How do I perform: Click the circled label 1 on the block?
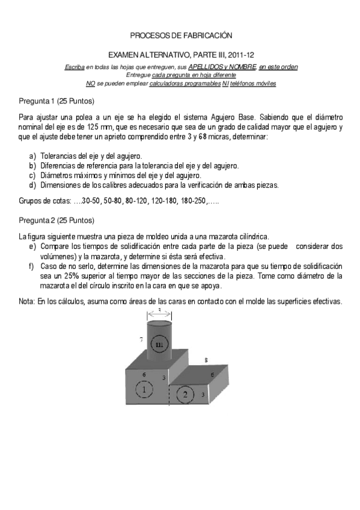pos(145,390)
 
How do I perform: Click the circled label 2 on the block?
pos(186,395)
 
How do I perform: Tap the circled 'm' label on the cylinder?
pos(159,344)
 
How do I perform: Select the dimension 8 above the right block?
pos(206,360)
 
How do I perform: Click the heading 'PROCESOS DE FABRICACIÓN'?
pos(180,37)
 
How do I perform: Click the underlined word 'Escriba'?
pos(75,67)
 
